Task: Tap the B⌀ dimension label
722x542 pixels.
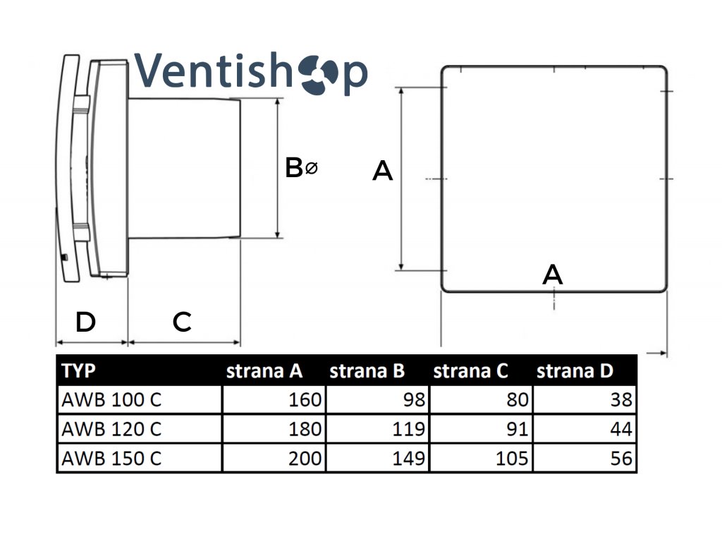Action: [x=301, y=168]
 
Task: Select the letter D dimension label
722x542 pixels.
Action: [x=85, y=323]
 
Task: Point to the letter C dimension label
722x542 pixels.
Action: [x=182, y=323]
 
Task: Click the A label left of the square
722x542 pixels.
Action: [x=382, y=171]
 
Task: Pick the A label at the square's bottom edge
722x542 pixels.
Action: [x=553, y=275]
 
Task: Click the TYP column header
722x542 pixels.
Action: [x=79, y=371]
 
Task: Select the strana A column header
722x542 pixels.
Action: [x=264, y=371]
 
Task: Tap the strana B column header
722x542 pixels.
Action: [x=367, y=371]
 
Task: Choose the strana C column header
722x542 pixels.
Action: [x=470, y=371]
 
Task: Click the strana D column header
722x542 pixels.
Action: [x=575, y=371]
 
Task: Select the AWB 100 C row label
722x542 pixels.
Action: [x=111, y=400]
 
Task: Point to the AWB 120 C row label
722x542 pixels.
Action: [x=111, y=429]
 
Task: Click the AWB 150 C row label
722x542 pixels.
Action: [x=111, y=458]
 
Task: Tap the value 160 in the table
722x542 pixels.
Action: [x=305, y=400]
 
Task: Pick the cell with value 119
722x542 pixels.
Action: [x=409, y=429]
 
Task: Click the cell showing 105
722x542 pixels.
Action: [x=512, y=458]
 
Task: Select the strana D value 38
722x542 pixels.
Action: [x=621, y=400]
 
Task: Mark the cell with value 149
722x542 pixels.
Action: [x=409, y=458]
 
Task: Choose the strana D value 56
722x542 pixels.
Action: [x=621, y=458]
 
